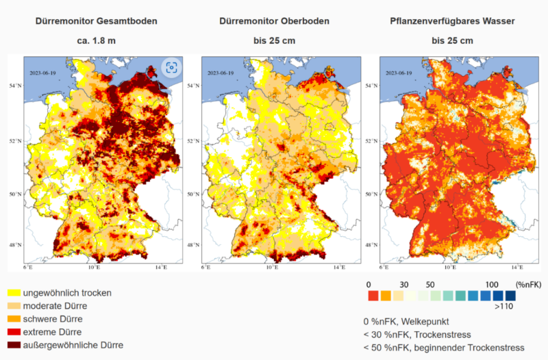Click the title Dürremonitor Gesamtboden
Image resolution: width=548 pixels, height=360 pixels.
(x=96, y=21)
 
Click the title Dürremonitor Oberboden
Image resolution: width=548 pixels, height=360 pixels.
(x=274, y=21)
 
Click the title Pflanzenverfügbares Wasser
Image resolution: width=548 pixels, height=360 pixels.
(x=452, y=21)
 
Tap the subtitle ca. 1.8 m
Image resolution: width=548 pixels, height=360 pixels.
(x=96, y=40)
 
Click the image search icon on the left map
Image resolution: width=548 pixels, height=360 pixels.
(x=171, y=67)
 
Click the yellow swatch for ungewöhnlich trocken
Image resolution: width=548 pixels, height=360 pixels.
(x=13, y=293)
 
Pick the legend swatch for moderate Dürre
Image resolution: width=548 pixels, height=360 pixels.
(x=13, y=306)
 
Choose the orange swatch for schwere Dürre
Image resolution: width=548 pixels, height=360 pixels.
(x=13, y=319)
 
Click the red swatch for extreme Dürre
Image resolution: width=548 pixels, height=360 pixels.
(x=13, y=332)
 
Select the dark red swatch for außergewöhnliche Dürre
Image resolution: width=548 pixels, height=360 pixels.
(x=13, y=345)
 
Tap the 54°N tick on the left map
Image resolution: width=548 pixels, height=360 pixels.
(x=15, y=86)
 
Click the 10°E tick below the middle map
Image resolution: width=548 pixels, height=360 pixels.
(x=271, y=268)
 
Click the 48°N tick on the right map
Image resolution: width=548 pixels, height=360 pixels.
(x=371, y=244)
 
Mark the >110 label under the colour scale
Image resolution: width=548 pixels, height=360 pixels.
(x=505, y=307)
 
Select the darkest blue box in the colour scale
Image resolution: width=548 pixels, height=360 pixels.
(x=510, y=296)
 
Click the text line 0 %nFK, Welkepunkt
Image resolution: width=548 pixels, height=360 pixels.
(x=407, y=321)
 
